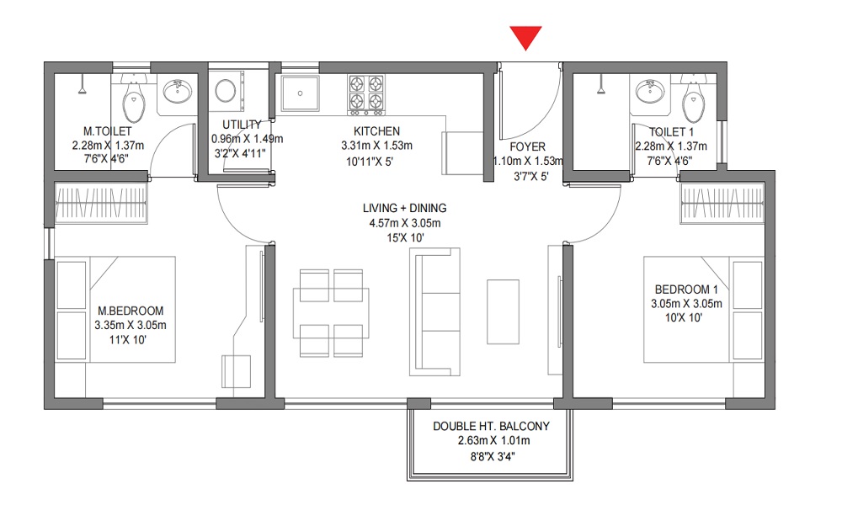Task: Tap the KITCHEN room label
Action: [x=376, y=131]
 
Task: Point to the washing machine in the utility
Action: [x=226, y=90]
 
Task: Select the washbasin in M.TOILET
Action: [x=177, y=91]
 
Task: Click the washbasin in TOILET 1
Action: [x=650, y=91]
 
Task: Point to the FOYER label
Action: [x=528, y=146]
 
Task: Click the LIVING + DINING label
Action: [x=405, y=208]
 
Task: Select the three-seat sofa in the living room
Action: [x=435, y=311]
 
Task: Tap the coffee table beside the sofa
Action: [x=504, y=311]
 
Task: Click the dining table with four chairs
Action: [x=331, y=313]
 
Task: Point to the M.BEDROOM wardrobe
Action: [x=102, y=203]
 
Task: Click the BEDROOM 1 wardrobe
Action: [x=722, y=203]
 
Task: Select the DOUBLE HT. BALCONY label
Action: [x=492, y=426]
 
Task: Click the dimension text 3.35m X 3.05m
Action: [x=131, y=325]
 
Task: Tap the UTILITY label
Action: [x=242, y=125]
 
